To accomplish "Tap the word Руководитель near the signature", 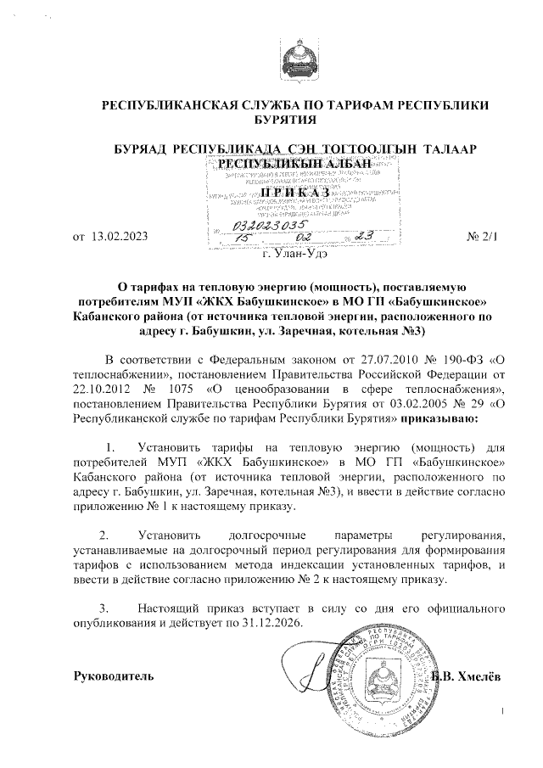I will pyautogui.click(x=115, y=676).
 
